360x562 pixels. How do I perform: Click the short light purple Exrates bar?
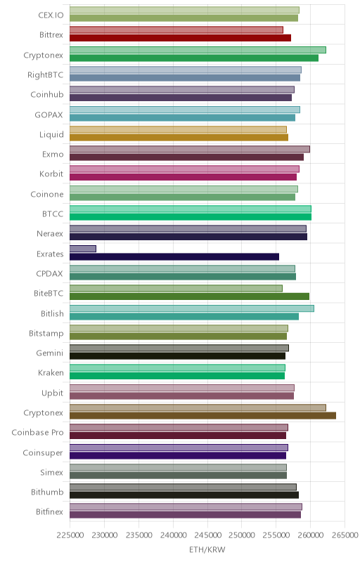(83, 249)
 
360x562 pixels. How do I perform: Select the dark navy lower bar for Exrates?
(174, 256)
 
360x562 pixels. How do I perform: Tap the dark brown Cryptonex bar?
(202, 416)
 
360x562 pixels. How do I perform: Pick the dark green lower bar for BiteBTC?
(189, 296)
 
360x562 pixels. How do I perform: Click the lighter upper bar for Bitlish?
(192, 308)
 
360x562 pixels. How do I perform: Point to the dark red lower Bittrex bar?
(181, 38)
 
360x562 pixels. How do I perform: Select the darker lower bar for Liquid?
(179, 137)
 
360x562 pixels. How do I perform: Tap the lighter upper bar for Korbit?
(184, 169)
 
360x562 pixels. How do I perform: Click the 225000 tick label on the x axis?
(70, 535)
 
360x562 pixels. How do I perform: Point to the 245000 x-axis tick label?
(207, 535)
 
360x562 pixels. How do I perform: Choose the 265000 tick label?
(345, 535)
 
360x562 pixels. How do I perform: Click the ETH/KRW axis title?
(207, 550)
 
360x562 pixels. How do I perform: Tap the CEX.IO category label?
(51, 15)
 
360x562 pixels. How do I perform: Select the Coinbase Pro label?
(37, 433)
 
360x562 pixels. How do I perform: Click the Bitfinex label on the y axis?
(49, 512)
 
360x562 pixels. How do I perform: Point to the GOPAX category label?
(49, 115)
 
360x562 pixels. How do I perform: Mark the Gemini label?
(49, 353)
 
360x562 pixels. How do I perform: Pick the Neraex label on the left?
(50, 234)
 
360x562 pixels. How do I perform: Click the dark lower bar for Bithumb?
(184, 495)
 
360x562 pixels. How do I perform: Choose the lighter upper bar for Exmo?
(190, 149)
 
